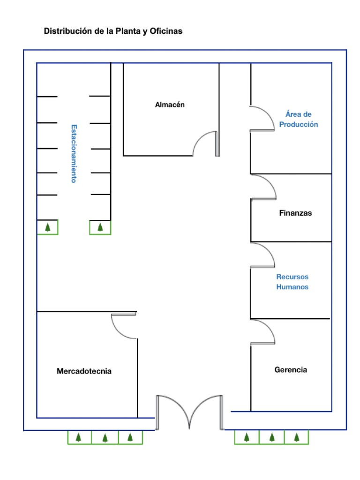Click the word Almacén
pos(170,105)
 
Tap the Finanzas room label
pos(295,213)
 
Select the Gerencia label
pos(291,370)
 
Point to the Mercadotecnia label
pos(84,371)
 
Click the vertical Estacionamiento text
pos(74,154)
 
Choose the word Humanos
pos(292,287)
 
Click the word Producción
pos(299,124)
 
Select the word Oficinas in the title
pos(166,31)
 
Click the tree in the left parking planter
pos(48,227)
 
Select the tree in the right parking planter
pos(100,227)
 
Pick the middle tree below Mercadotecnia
pos(105,438)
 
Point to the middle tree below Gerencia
pos(272,437)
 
